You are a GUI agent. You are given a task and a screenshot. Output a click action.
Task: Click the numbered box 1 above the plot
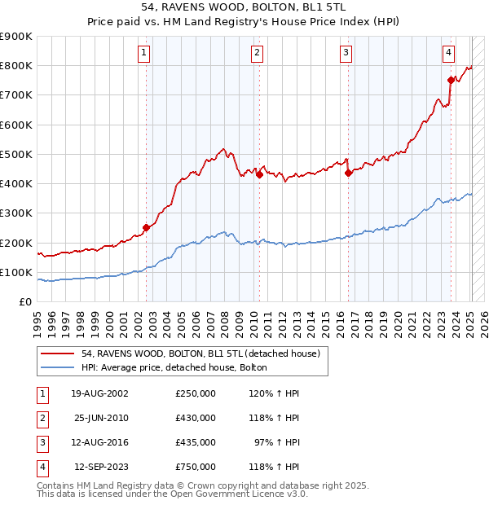pos(143,54)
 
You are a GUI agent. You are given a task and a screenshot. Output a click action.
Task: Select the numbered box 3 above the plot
pos(346,54)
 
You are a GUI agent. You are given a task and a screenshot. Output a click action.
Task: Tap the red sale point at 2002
pos(147,228)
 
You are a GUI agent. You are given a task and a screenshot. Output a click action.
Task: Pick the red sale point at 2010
pos(259,174)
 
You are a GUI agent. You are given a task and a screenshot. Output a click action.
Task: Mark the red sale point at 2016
pos(348,173)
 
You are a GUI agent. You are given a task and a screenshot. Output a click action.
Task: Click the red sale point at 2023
pos(451,79)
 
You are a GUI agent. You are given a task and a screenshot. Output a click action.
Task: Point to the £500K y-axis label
pos(16,154)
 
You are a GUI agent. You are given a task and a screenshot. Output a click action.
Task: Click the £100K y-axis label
pos(16,272)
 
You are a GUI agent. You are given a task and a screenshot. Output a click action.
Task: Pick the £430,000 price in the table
pos(196,418)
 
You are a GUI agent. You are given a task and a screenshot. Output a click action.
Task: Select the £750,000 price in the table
pos(196,467)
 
